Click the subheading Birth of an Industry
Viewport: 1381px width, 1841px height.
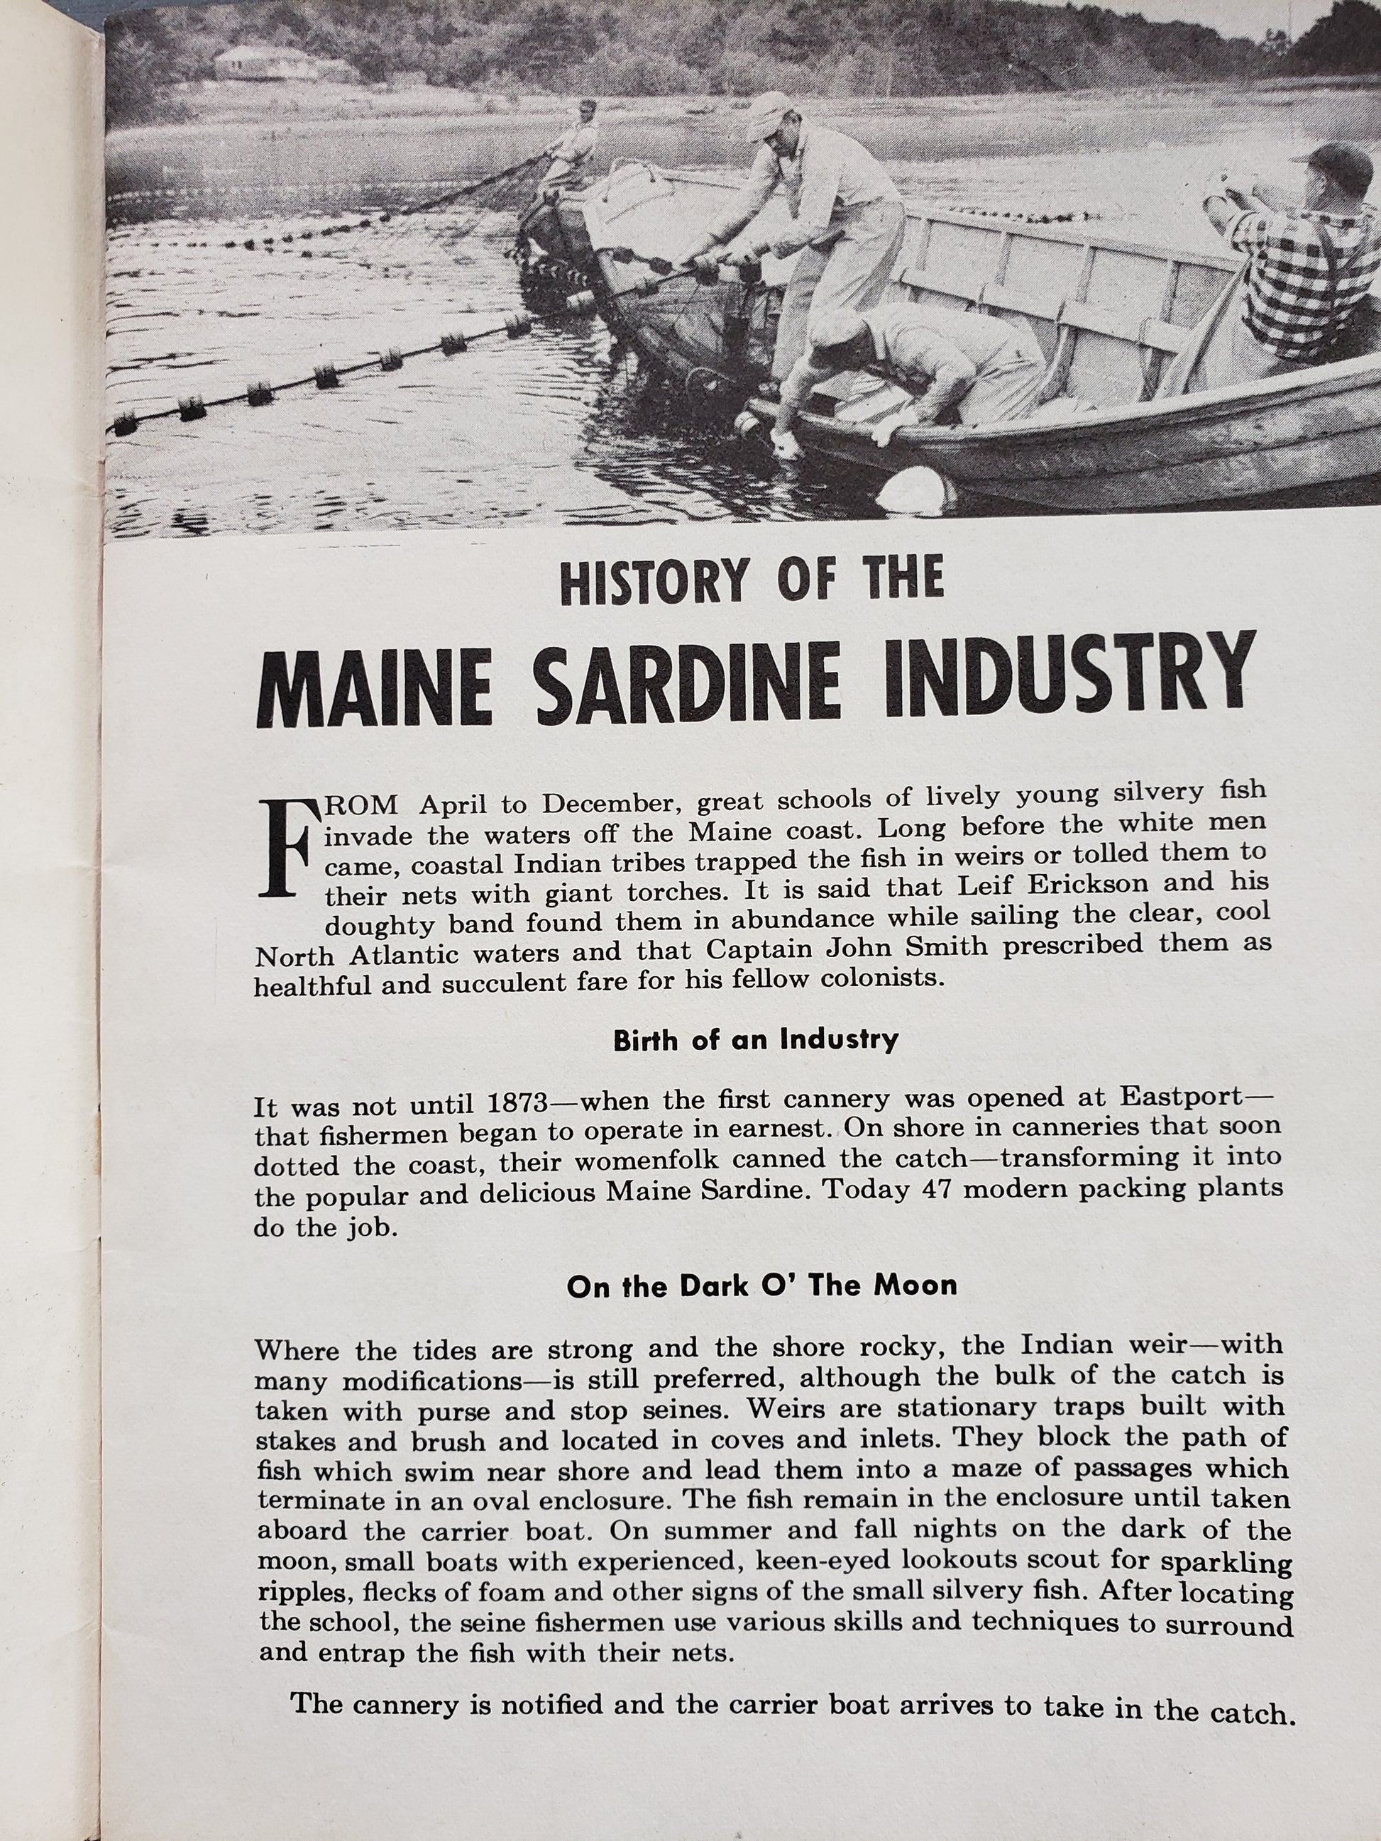pyautogui.click(x=756, y=1039)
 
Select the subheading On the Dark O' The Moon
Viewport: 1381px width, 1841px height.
pyautogui.click(x=761, y=1286)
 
